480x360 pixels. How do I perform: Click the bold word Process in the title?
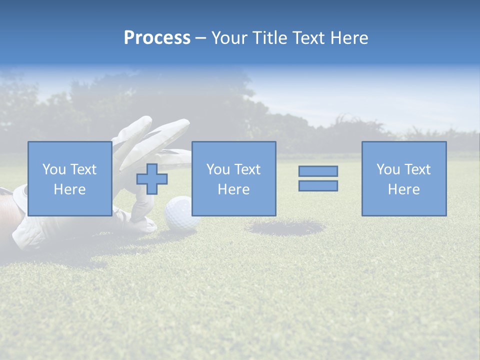[x=157, y=38]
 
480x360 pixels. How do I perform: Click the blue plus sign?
[x=152, y=178]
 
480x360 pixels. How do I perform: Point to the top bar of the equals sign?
[x=318, y=171]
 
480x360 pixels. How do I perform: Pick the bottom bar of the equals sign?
[x=318, y=185]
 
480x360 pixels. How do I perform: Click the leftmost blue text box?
[x=69, y=150]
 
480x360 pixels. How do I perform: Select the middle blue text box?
[x=233, y=150]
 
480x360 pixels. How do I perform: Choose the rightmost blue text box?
[x=404, y=150]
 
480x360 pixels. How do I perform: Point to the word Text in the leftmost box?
[x=83, y=169]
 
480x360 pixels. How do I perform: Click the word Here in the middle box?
[x=233, y=189]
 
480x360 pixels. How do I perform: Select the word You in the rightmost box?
[x=388, y=169]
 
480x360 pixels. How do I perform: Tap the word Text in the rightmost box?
[x=417, y=169]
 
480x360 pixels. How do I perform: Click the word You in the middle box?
[x=218, y=169]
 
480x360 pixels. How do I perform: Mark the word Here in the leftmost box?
[x=69, y=189]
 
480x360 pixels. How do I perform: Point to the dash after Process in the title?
[x=200, y=38]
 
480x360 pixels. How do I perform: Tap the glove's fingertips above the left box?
[x=145, y=122]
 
